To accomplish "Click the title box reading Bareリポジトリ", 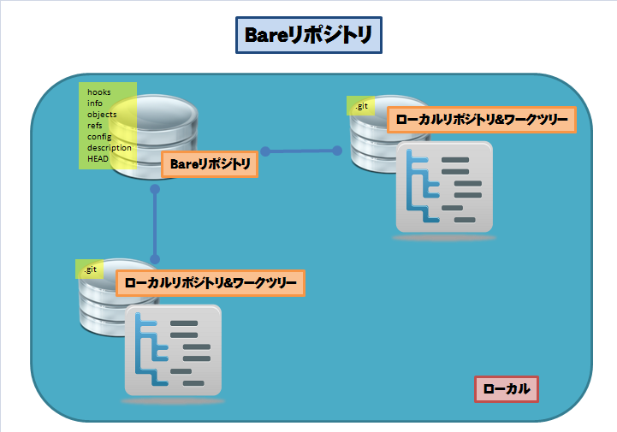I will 308,35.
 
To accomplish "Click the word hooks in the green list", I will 99,92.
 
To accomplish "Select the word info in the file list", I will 95,104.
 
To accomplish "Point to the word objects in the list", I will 102,115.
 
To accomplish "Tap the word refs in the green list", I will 95,126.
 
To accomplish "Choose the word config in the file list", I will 99,137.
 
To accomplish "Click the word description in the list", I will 110,147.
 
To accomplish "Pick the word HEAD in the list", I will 98,158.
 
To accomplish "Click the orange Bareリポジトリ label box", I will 210,164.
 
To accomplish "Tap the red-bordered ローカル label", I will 507,389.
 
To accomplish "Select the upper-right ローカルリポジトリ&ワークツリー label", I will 481,120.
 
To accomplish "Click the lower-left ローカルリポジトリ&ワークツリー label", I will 211,282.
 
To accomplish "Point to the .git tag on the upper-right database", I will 361,106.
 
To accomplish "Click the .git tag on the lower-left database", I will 89,269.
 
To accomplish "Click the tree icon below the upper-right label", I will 445,186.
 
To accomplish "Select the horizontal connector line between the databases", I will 300,151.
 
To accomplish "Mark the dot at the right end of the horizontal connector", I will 335,150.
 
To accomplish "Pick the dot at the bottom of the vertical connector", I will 155,259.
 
